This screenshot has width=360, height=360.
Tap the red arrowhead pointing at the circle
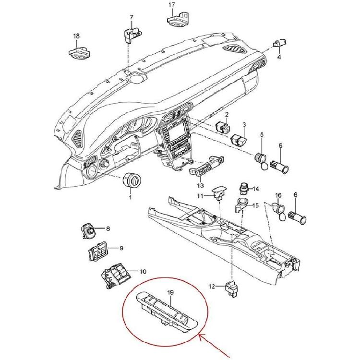[200, 338]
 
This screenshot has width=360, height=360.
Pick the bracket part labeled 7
[131, 35]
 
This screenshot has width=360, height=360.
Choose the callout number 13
[200, 185]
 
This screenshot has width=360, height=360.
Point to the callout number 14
[256, 189]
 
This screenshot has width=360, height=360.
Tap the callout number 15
[255, 205]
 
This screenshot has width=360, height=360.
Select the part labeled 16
[278, 211]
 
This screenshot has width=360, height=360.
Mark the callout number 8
[108, 229]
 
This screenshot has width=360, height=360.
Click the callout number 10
[143, 272]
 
